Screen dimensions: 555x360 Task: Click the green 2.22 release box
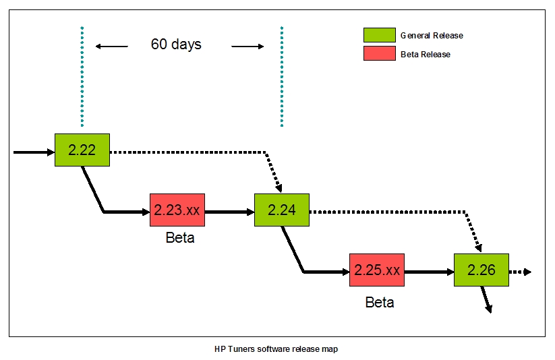(x=82, y=150)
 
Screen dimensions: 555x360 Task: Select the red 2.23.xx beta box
(x=177, y=210)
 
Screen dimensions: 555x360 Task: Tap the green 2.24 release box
(x=282, y=210)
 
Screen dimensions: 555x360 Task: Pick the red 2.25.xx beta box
(x=377, y=270)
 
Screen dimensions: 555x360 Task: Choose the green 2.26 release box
(x=481, y=270)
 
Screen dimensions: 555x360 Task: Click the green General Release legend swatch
(x=380, y=35)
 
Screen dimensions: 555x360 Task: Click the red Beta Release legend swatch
(x=380, y=53)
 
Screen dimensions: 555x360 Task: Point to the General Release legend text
(x=432, y=36)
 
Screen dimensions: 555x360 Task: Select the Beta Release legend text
(x=425, y=54)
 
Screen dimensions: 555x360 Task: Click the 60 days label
(x=176, y=44)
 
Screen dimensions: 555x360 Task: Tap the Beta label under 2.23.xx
(x=180, y=237)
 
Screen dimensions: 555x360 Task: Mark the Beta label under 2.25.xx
(x=380, y=302)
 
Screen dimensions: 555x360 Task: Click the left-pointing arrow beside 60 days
(x=112, y=47)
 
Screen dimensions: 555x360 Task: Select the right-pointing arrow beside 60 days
(x=247, y=47)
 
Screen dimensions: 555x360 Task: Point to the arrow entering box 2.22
(x=34, y=152)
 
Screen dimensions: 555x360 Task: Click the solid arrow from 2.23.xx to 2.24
(x=229, y=212)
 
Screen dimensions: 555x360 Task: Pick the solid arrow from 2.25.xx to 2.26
(x=429, y=272)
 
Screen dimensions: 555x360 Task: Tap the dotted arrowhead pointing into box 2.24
(x=279, y=187)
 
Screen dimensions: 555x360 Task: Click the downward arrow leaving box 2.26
(x=486, y=299)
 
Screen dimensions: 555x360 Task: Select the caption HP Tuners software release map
(x=276, y=349)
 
